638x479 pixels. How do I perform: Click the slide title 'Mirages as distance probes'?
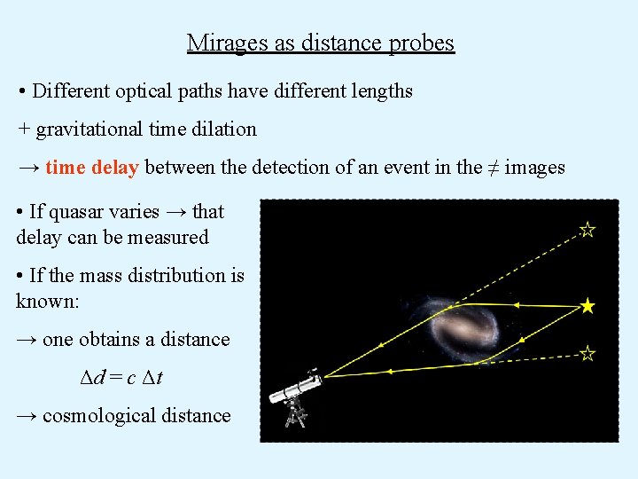tap(320, 43)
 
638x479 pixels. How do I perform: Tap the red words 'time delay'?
tap(91, 167)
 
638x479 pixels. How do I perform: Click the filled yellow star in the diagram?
tap(587, 307)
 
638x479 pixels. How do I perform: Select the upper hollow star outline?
tap(587, 230)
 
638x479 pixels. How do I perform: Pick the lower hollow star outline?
tap(587, 354)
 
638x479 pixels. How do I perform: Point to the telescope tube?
tap(297, 389)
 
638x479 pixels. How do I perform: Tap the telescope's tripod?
tap(295, 414)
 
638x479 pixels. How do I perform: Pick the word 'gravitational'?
tap(90, 129)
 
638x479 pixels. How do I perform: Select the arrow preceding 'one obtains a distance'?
tap(27, 340)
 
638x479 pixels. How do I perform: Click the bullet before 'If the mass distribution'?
tap(19, 276)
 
